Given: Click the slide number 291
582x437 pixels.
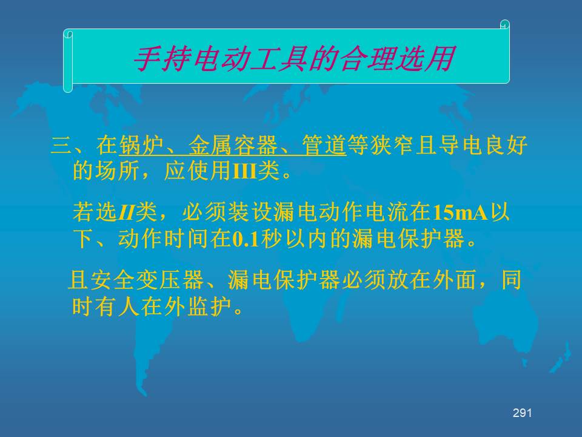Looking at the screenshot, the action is coord(522,413).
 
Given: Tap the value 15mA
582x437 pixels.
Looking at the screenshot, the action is coord(460,212).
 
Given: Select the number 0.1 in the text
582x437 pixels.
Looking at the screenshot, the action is coord(246,239).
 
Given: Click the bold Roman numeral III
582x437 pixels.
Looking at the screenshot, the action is coord(244,171).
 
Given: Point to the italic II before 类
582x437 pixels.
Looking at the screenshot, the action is coord(126,213).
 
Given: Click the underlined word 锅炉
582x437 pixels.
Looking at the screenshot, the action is coord(141,145).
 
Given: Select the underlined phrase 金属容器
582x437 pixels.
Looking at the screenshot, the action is coord(233,145).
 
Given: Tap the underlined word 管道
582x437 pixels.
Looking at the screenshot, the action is coord(324,145).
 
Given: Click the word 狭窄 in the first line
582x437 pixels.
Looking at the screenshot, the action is coord(392,145).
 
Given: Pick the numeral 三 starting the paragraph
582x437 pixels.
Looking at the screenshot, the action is coord(62,145).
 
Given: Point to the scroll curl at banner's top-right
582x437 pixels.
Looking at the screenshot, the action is coord(505,24).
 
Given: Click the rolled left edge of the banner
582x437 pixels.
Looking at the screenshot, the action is coord(68,61).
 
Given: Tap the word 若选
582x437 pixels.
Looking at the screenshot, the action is coord(95,212).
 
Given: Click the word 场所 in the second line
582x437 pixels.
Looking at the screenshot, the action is coord(118,171).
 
